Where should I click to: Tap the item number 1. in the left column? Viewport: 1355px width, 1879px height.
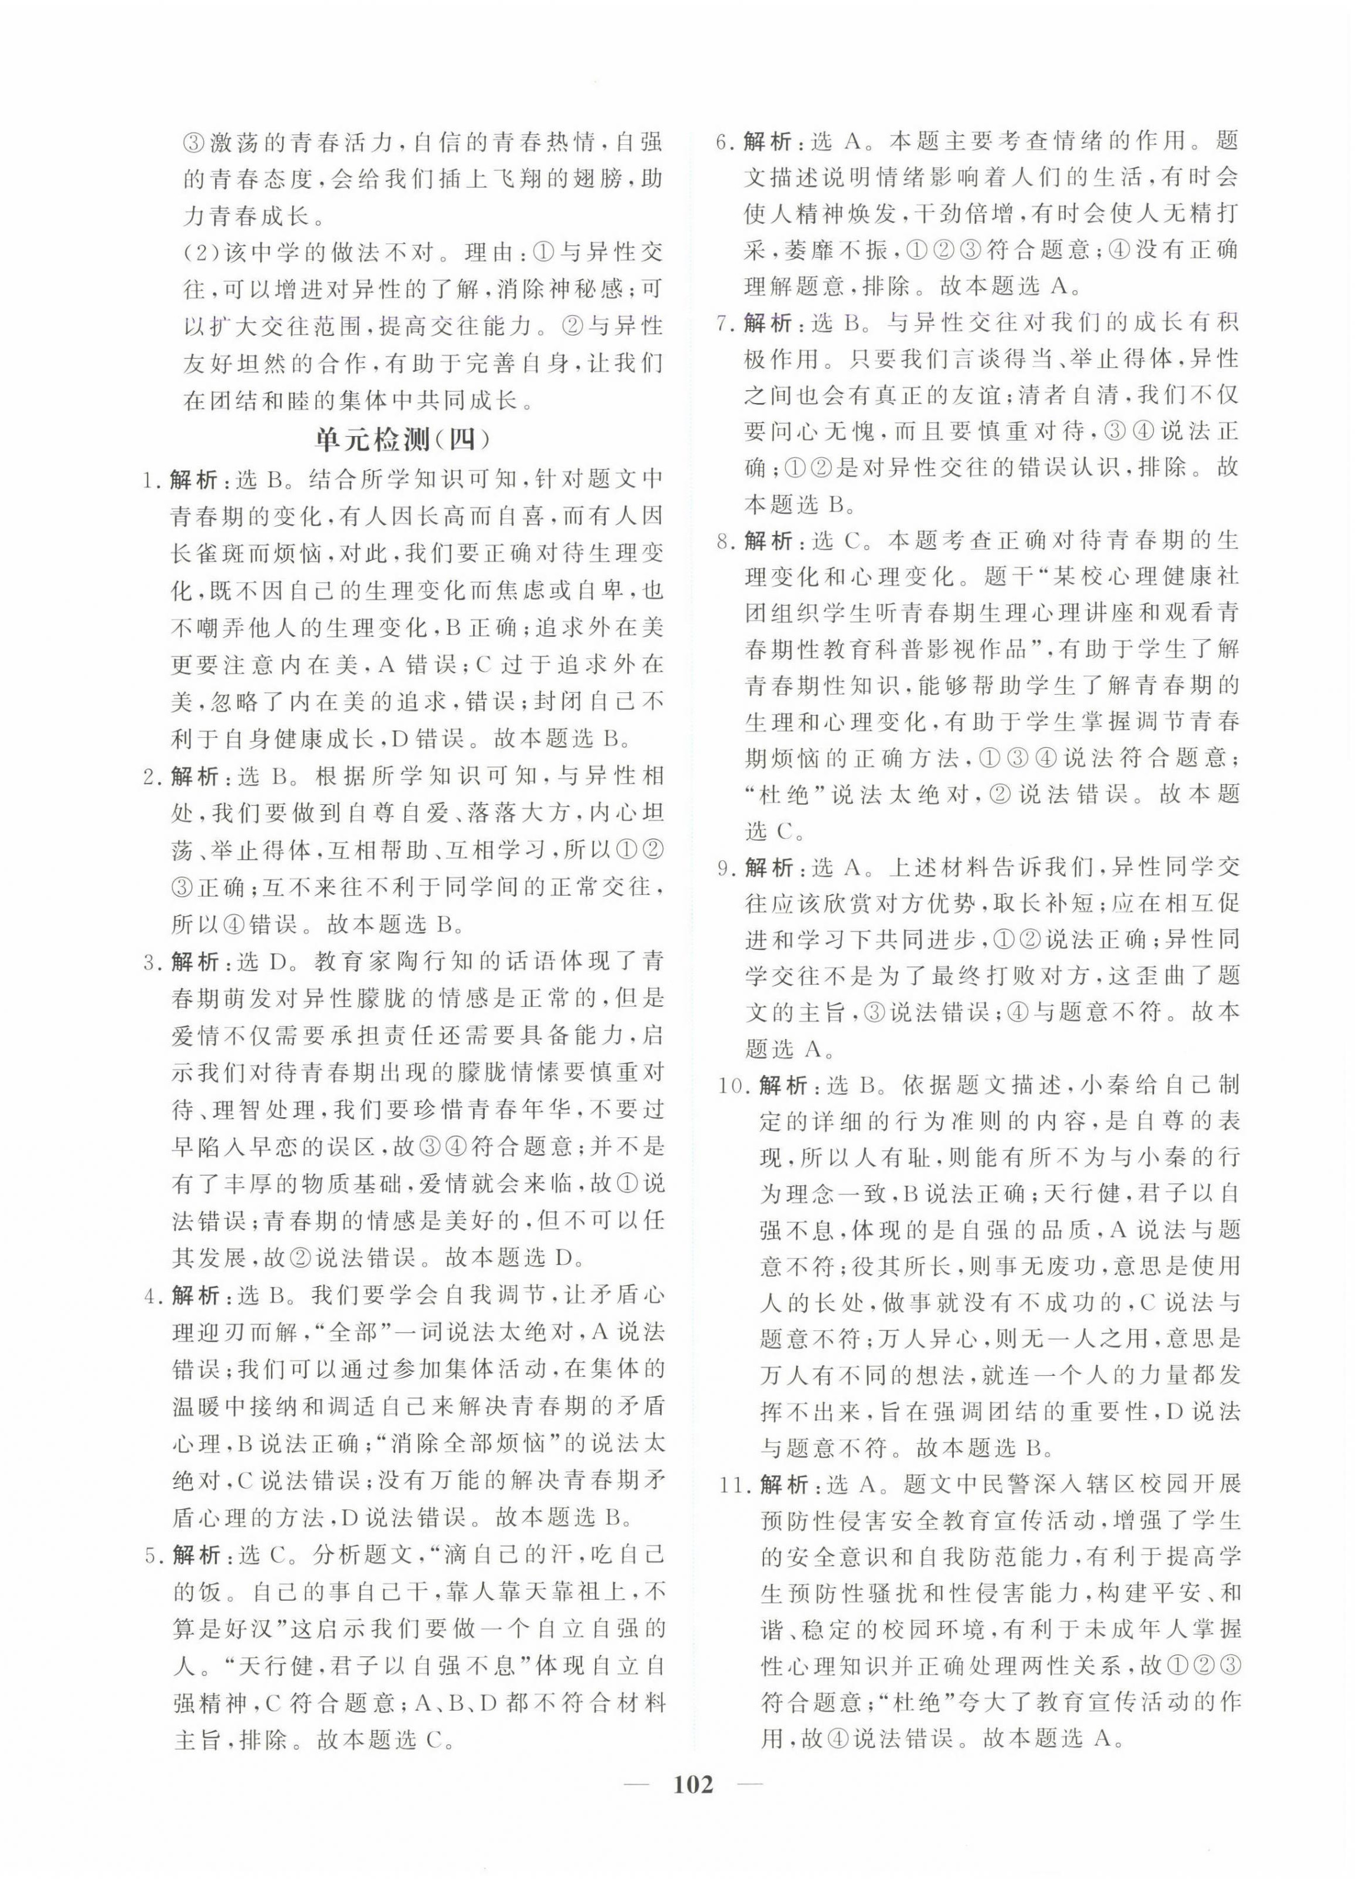pyautogui.click(x=151, y=481)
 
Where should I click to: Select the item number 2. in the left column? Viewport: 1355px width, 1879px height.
pyautogui.click(x=151, y=777)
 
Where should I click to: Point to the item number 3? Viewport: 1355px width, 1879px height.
pyautogui.click(x=151, y=963)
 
